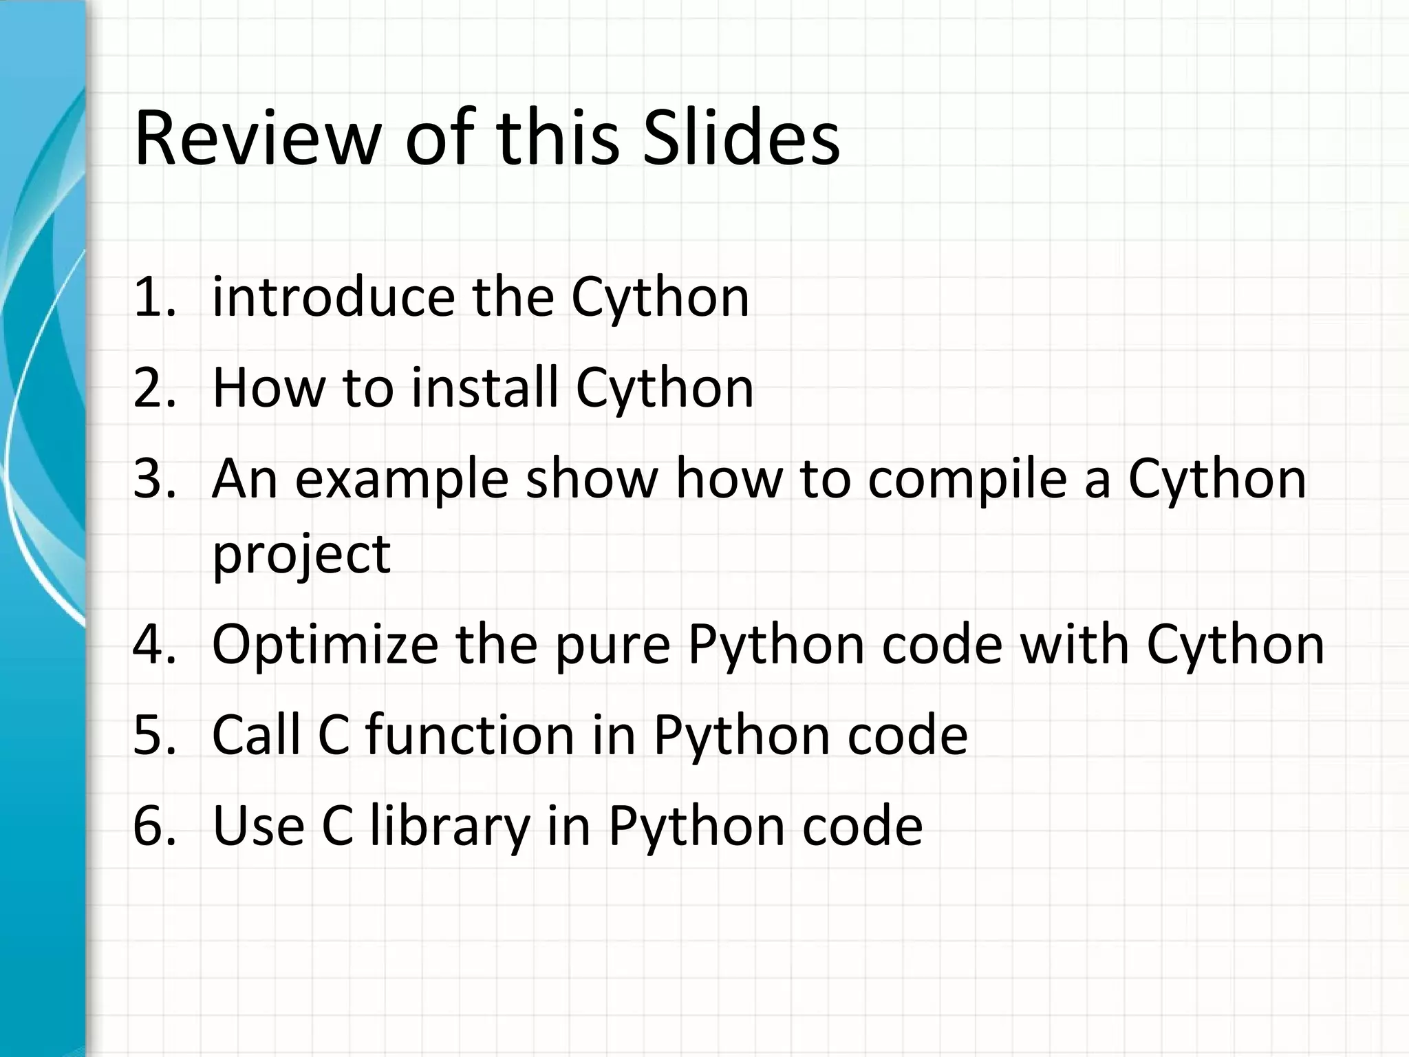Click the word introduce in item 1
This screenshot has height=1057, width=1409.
tap(334, 297)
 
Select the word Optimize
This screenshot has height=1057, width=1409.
tap(325, 645)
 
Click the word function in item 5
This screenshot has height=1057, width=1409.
tap(469, 735)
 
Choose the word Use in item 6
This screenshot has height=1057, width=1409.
tap(259, 826)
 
